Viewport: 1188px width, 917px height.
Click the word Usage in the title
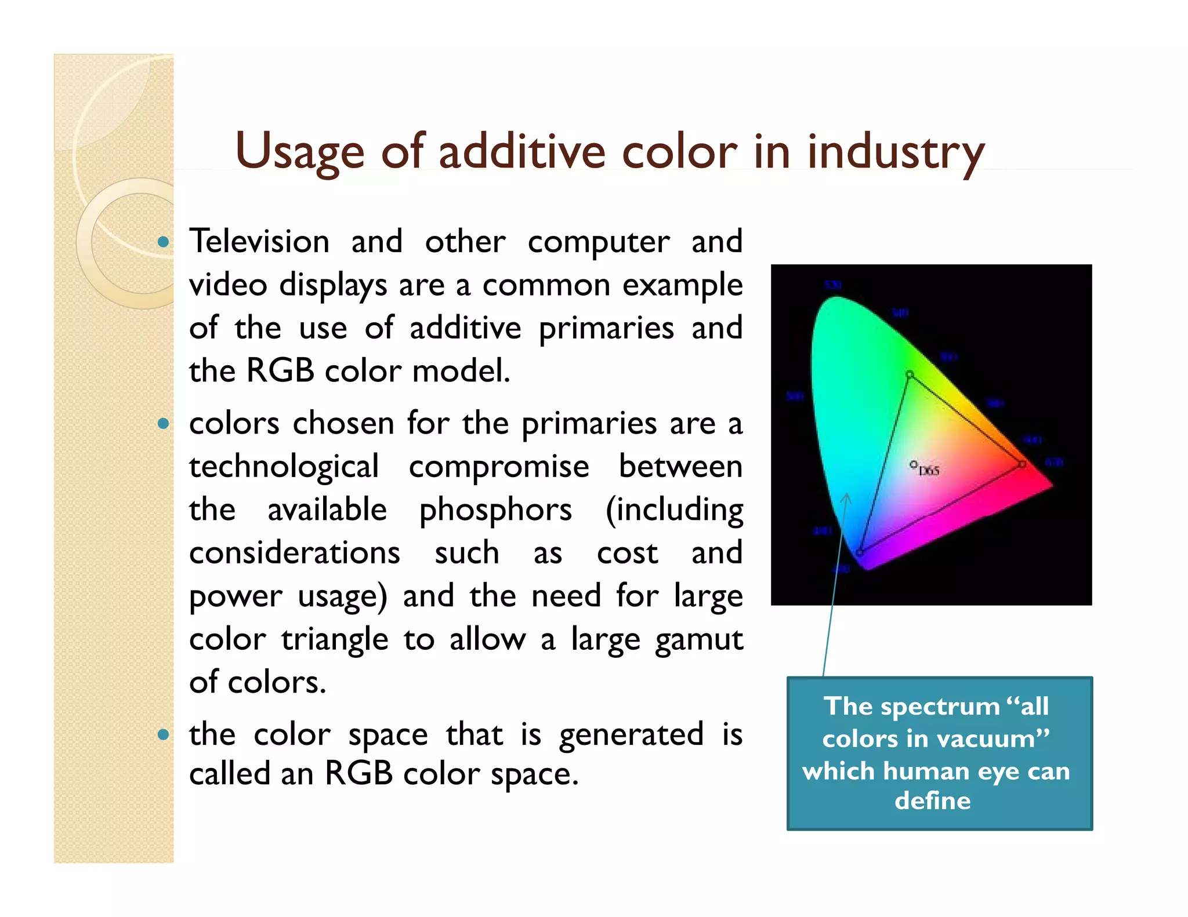coord(299,152)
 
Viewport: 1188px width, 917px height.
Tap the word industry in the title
coord(896,152)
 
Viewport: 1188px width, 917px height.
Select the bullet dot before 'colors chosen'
coord(164,424)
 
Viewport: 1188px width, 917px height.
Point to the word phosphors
coord(495,510)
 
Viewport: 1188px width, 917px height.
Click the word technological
coord(284,467)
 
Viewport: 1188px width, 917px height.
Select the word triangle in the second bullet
coord(335,640)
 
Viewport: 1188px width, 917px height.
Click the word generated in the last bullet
coord(631,734)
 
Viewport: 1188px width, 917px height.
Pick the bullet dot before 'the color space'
coord(164,735)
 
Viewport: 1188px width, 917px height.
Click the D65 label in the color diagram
coord(929,471)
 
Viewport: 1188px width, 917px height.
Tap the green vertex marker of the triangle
coord(910,375)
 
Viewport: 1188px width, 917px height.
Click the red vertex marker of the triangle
coord(1022,464)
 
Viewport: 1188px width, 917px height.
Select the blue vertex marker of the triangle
coord(860,552)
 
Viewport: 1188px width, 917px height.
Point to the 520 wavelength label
coord(832,285)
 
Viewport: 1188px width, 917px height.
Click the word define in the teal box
coord(932,801)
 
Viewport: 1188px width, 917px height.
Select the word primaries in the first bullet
coord(606,328)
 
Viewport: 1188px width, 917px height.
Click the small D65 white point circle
coord(913,464)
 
